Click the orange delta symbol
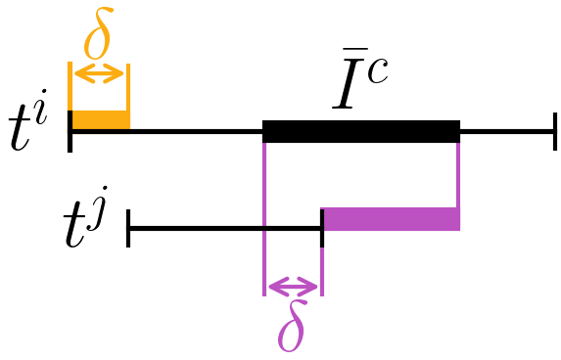pos(98,38)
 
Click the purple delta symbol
pos(292,331)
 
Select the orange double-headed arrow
pos(99,73)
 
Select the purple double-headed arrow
pos(293,287)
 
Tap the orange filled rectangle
pos(99,120)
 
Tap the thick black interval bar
pos(361,130)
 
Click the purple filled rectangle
pos(391,219)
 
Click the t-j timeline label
pos(83,232)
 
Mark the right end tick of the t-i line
pos(555,130)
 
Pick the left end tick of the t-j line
pos(128,230)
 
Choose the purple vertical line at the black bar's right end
pos(458,176)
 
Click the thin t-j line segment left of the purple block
pos(196,230)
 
